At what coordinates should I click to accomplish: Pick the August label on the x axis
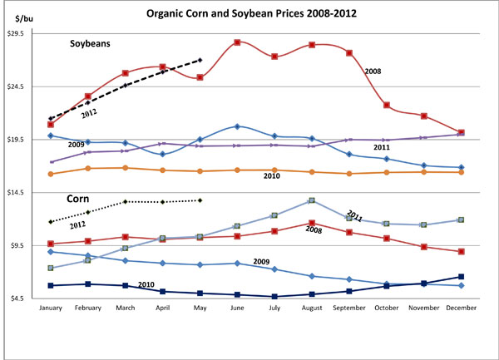(x=311, y=309)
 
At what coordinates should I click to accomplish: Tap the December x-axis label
(x=462, y=309)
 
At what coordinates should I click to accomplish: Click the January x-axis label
(x=51, y=309)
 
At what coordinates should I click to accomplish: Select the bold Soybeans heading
(x=91, y=42)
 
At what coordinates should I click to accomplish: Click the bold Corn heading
(x=78, y=200)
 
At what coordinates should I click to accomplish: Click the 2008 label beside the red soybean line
(x=373, y=72)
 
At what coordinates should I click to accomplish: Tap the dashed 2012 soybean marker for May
(x=200, y=60)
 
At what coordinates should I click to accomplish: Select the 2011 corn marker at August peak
(x=311, y=200)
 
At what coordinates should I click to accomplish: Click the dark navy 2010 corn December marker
(x=462, y=277)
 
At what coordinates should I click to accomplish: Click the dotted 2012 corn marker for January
(x=51, y=222)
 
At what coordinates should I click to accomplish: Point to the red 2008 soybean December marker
(x=462, y=132)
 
